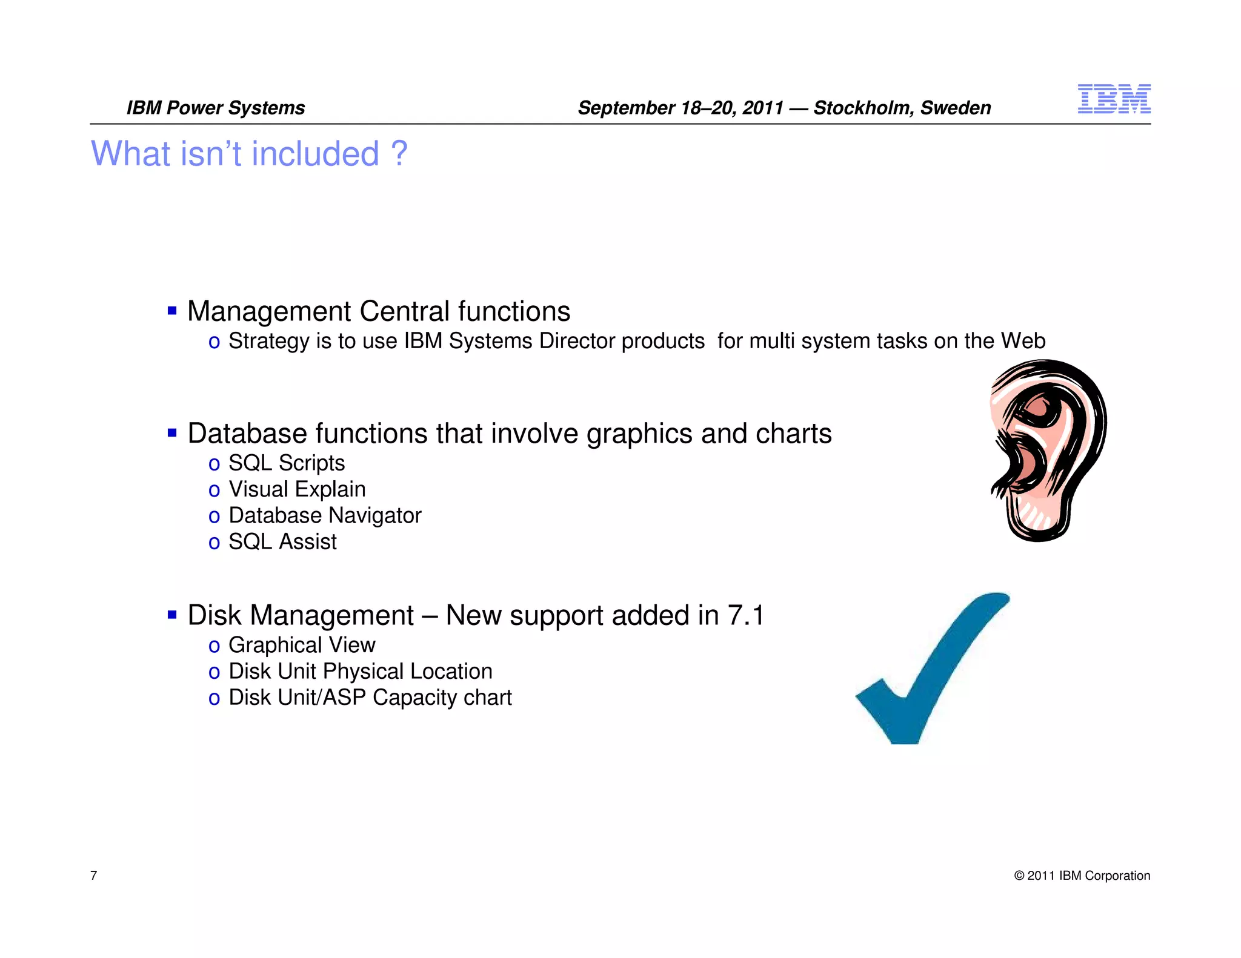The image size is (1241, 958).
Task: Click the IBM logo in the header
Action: click(1114, 99)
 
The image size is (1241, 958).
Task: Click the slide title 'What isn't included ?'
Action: click(249, 154)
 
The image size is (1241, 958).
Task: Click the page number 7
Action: click(94, 875)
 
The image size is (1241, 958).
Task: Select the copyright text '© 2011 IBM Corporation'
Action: click(1082, 876)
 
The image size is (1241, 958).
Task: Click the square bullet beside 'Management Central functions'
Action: click(172, 311)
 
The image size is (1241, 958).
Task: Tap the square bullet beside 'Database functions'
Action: click(172, 433)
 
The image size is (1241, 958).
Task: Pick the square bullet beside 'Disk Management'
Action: click(172, 615)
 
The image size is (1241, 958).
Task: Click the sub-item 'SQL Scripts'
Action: click(286, 463)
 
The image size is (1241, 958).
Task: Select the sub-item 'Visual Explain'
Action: click(297, 489)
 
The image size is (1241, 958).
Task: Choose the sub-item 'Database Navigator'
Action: click(325, 515)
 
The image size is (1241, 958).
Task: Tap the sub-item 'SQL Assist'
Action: click(282, 541)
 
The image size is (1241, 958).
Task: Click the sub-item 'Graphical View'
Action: click(302, 645)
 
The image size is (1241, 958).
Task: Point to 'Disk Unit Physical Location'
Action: click(360, 672)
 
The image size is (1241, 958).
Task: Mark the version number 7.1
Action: click(746, 616)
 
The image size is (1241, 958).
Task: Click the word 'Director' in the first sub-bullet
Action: click(578, 341)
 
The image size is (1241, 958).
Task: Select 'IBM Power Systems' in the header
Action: click(216, 108)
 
